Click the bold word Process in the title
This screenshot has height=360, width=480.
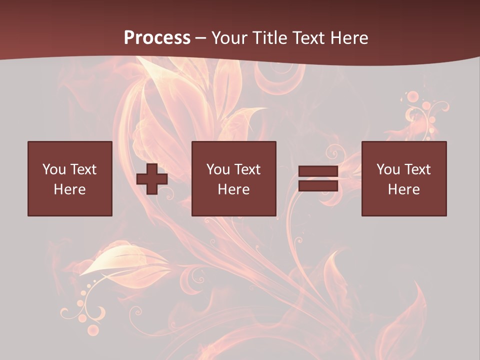pyautogui.click(x=157, y=38)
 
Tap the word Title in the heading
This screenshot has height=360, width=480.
pyautogui.click(x=270, y=38)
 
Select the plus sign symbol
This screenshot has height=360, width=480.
pyautogui.click(x=152, y=179)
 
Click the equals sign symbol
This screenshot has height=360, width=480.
pyautogui.click(x=318, y=178)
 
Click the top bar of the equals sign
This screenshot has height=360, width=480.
pyautogui.click(x=318, y=171)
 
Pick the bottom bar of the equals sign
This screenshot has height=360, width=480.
pyautogui.click(x=318, y=185)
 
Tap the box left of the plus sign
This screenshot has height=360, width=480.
pyautogui.click(x=70, y=178)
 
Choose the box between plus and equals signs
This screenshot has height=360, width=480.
pyautogui.click(x=234, y=178)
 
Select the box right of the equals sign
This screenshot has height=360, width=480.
pyautogui.click(x=404, y=178)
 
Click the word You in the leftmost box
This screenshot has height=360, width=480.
pyautogui.click(x=54, y=169)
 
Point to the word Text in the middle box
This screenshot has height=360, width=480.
pyautogui.click(x=247, y=169)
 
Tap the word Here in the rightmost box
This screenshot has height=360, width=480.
pyautogui.click(x=404, y=189)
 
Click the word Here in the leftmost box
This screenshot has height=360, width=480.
pyautogui.click(x=70, y=189)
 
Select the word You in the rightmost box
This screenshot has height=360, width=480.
pyautogui.click(x=388, y=169)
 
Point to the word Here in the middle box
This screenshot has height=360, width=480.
pyautogui.click(x=234, y=189)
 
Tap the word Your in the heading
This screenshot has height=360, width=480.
pyautogui.click(x=230, y=38)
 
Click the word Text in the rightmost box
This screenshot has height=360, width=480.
pyautogui.click(x=417, y=169)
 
